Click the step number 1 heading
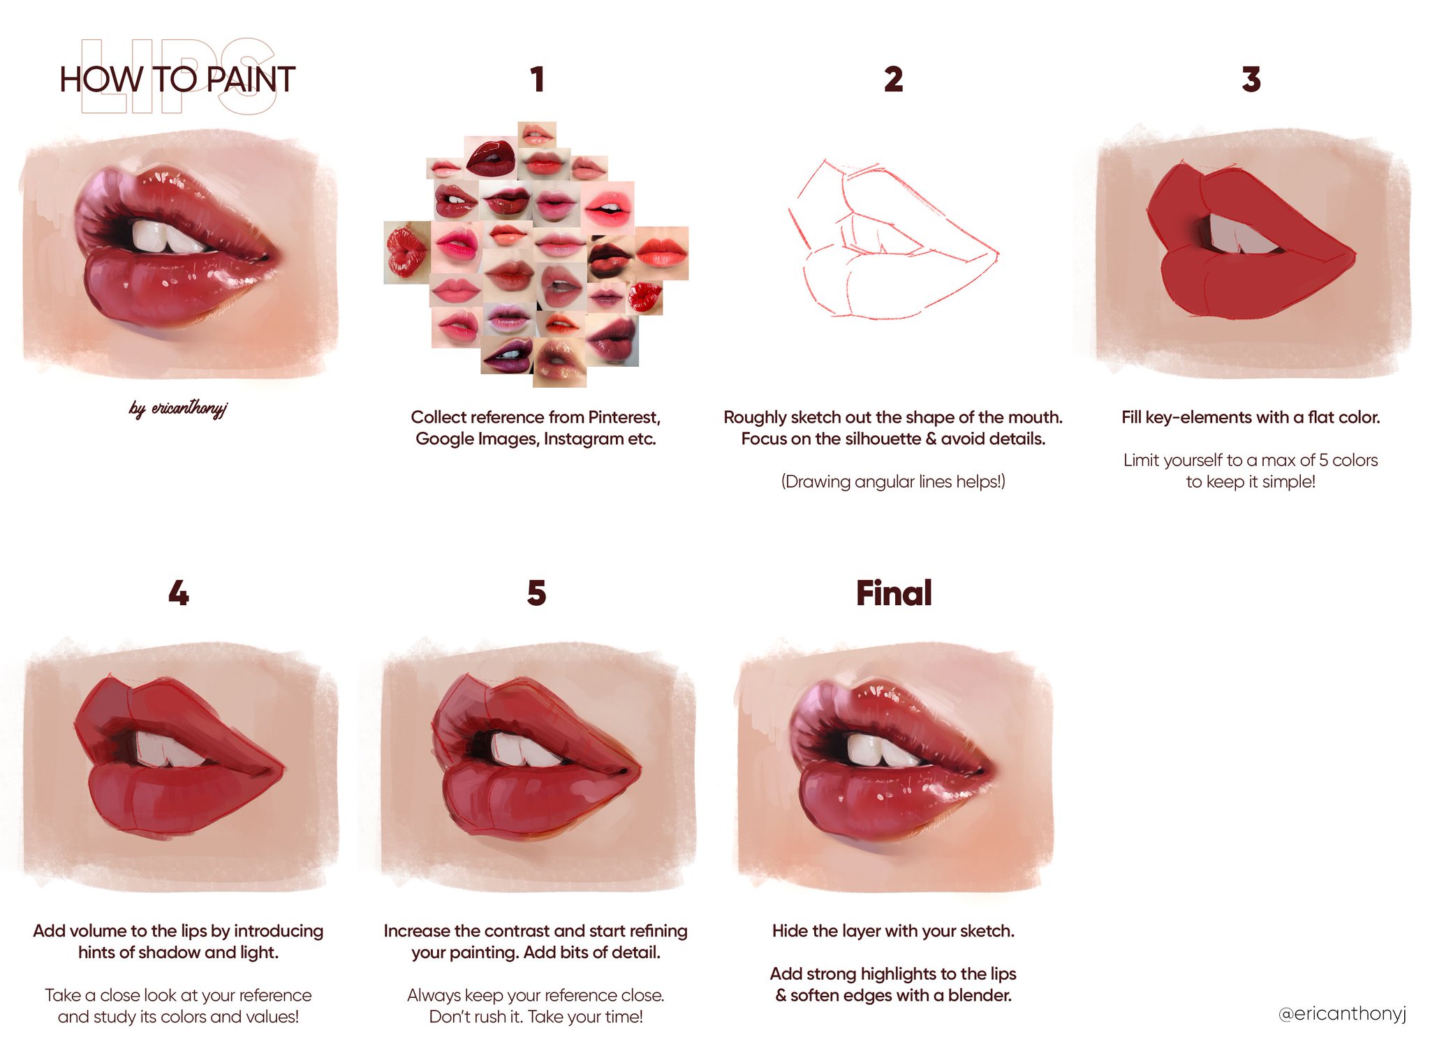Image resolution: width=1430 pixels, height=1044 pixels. (537, 79)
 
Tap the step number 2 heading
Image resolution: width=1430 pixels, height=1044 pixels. (893, 79)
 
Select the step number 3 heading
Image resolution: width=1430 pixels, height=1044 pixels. (1251, 79)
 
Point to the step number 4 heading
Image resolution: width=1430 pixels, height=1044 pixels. (179, 593)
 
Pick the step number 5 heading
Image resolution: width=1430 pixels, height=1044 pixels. (536, 593)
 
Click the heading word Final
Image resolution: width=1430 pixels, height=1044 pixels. (894, 593)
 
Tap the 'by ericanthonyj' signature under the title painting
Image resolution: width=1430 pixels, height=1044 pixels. (178, 407)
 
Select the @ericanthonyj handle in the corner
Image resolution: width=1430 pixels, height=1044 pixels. (1342, 1013)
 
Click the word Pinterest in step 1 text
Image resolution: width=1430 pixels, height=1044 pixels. (624, 417)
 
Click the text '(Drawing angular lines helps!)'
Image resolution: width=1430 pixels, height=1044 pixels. (893, 481)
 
